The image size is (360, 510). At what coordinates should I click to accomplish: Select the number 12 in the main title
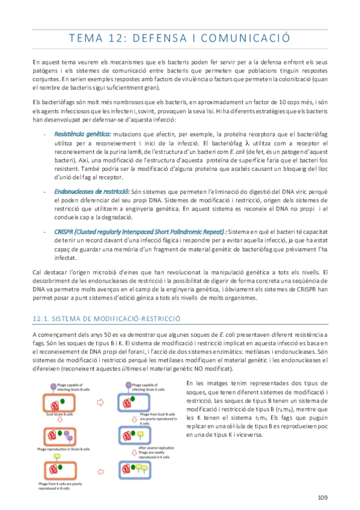[x=109, y=38]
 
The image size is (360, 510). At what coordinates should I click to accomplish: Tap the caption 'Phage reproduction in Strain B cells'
[x=70, y=449]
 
